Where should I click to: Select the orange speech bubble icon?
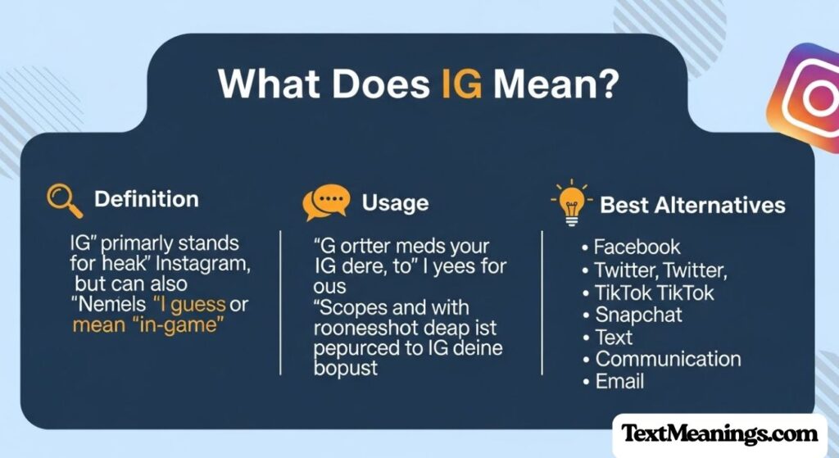pos(326,202)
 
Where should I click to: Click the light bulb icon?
pos(571,204)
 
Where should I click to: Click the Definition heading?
pos(146,199)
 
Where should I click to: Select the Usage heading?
pos(395,202)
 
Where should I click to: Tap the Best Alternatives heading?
pos(692,204)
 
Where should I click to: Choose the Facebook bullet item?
pos(637,247)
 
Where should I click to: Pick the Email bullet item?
pos(619,381)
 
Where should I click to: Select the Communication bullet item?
pos(668,359)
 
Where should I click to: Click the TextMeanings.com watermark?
pos(720,433)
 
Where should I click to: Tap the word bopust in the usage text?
pos(345,368)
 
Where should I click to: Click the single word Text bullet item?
pos(614,337)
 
